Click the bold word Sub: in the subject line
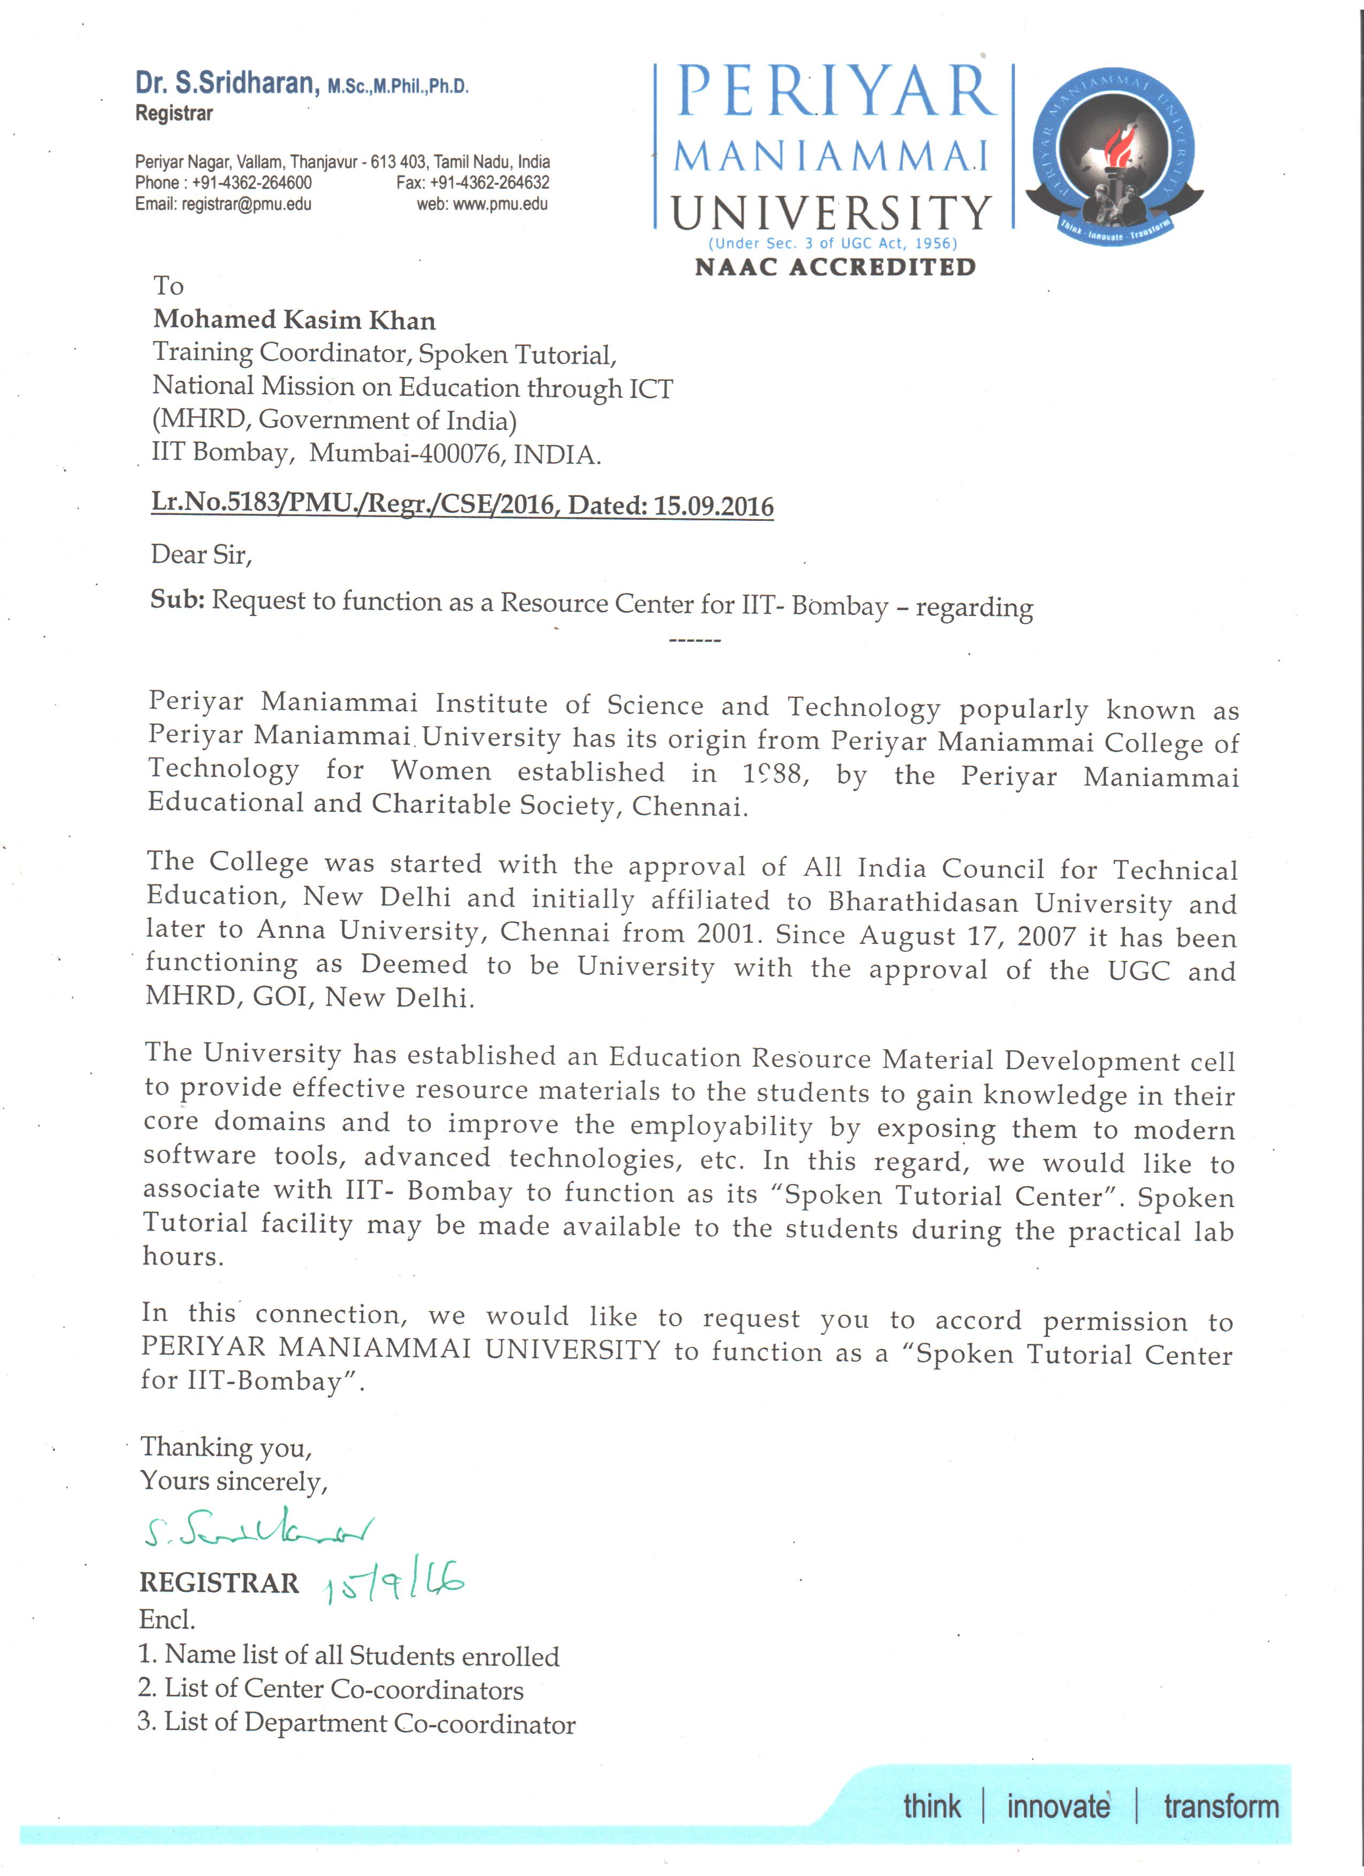tap(177, 599)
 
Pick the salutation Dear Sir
tap(201, 554)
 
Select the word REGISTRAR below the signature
tap(219, 1582)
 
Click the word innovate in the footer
tap(1058, 1806)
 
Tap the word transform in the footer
tap(1220, 1806)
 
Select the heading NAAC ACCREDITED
tap(834, 267)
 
